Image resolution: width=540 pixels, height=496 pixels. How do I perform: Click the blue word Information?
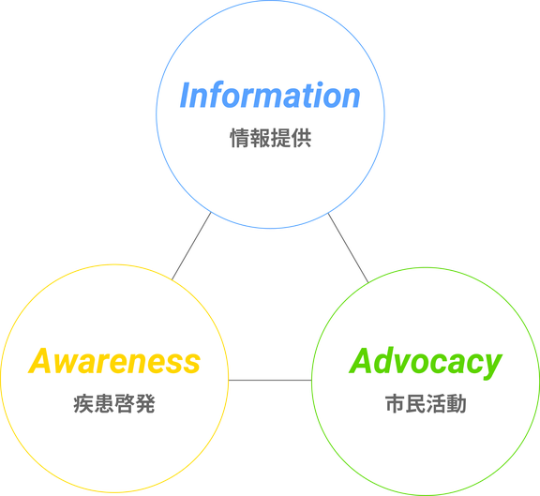[270, 95]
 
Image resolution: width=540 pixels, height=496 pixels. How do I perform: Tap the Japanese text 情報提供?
[271, 138]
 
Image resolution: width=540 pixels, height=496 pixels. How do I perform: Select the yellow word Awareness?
[114, 361]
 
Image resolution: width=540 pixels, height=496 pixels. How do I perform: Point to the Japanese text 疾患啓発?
[114, 403]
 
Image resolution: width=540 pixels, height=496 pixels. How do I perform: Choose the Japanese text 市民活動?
[426, 403]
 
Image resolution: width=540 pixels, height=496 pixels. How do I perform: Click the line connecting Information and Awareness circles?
[191, 247]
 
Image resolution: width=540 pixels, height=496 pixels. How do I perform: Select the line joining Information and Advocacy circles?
[348, 248]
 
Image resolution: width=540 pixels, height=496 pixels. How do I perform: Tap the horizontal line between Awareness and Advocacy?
[270, 381]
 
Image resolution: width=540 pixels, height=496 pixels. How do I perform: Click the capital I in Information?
[187, 96]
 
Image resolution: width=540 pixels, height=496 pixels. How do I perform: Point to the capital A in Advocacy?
[363, 361]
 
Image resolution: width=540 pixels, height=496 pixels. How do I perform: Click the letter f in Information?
[226, 95]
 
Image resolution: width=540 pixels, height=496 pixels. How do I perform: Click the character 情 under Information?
[240, 138]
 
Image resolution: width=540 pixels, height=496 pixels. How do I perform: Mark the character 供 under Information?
[302, 138]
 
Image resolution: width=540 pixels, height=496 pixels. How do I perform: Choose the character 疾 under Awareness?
[83, 403]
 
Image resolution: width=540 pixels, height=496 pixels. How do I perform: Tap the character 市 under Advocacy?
[395, 403]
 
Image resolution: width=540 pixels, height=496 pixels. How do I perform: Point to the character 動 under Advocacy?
[457, 403]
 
